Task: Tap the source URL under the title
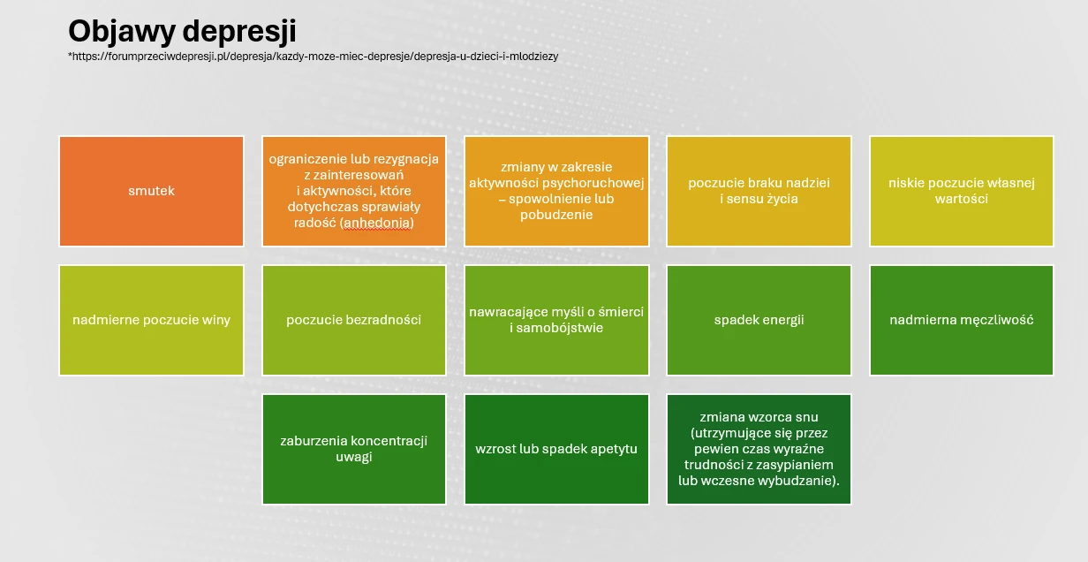(314, 57)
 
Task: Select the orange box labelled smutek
(151, 191)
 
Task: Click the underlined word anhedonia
(377, 224)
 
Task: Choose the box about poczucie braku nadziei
(759, 191)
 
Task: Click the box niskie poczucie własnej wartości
(961, 191)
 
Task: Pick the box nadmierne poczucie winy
(151, 320)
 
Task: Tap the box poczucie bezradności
(353, 320)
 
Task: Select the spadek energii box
(759, 320)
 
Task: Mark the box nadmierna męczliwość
(961, 320)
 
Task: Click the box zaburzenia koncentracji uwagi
(353, 449)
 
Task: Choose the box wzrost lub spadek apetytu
(556, 449)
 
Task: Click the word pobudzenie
(556, 215)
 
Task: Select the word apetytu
(614, 449)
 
